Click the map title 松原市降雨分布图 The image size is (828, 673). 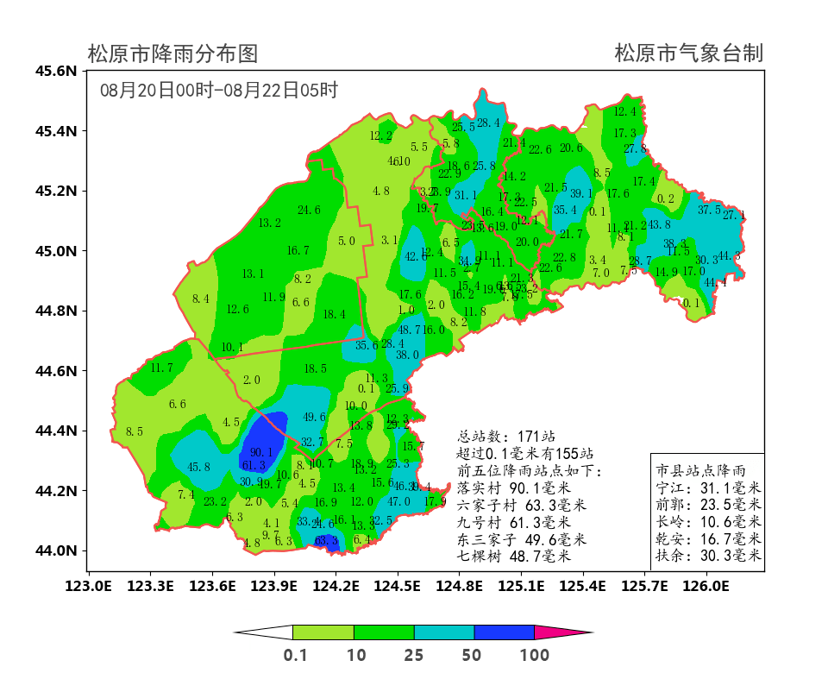click(x=172, y=54)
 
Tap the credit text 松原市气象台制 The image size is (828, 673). click(x=688, y=53)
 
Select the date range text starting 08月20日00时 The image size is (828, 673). click(x=218, y=90)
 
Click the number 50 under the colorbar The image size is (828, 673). click(x=472, y=655)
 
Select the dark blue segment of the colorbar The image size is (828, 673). click(x=504, y=632)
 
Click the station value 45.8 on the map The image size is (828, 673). click(x=198, y=468)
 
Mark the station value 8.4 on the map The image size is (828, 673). click(x=201, y=299)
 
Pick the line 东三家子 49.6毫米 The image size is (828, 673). click(x=522, y=539)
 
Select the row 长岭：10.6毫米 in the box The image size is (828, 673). click(x=707, y=522)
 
